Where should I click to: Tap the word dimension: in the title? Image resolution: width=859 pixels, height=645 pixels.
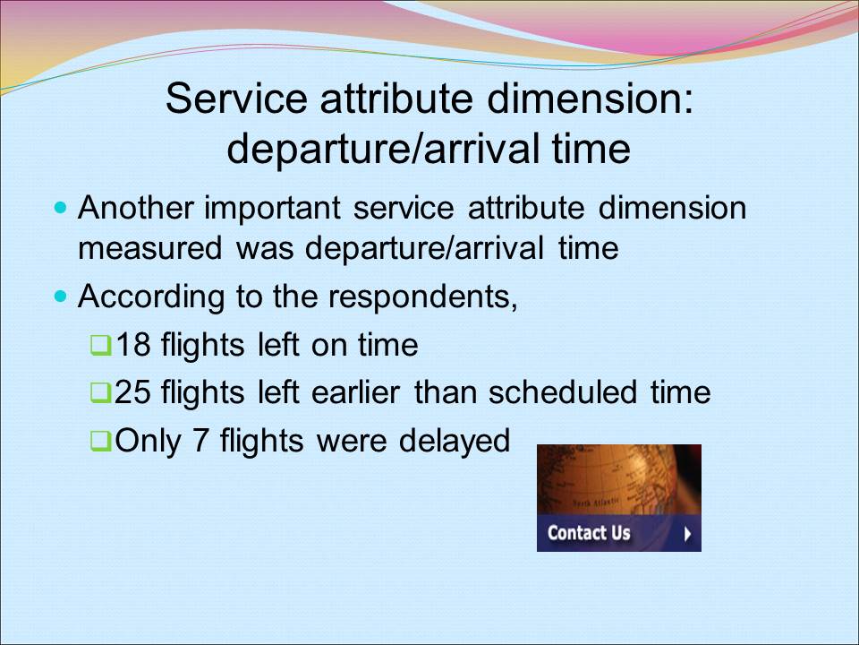[590, 99]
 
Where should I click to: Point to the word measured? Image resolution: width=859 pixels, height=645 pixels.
[149, 248]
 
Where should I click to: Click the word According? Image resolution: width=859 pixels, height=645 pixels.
[151, 297]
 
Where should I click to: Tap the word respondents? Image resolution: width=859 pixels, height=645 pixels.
[423, 297]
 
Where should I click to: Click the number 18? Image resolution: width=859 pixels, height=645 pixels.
[133, 345]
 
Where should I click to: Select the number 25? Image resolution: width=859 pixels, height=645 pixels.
[132, 392]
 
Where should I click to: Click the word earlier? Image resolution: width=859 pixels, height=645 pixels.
[355, 392]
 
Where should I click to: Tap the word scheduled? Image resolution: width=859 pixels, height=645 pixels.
[563, 392]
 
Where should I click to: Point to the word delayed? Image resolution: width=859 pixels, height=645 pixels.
[455, 442]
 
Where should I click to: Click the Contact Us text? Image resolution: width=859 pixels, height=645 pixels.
[589, 532]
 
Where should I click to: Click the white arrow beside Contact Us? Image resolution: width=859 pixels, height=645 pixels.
[687, 534]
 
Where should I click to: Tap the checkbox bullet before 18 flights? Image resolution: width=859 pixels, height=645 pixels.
[101, 346]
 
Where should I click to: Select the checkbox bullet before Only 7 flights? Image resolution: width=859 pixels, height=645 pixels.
[101, 441]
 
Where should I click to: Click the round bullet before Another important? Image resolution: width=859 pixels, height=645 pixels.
[60, 208]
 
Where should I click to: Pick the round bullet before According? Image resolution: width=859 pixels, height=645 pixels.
[60, 297]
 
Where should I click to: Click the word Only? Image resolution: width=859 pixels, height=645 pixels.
[148, 442]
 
